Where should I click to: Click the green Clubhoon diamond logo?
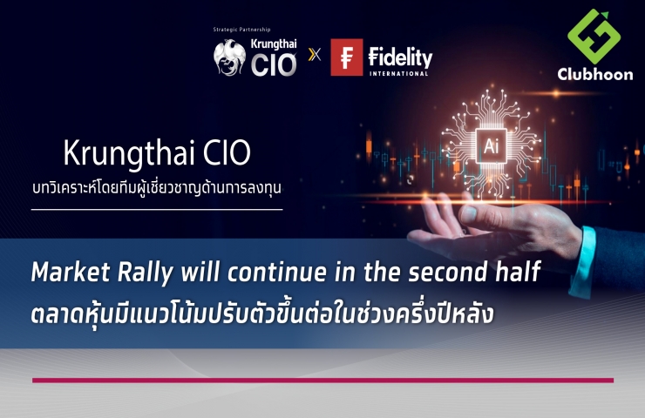tap(594, 37)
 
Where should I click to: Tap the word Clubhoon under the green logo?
tap(594, 74)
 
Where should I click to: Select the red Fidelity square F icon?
tap(346, 57)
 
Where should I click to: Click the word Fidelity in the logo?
tap(400, 57)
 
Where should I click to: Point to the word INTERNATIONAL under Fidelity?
tap(399, 73)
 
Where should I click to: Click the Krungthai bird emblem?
tap(230, 57)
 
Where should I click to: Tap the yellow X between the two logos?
tap(315, 54)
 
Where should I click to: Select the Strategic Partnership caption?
tap(242, 30)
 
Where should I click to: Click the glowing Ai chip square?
tap(491, 146)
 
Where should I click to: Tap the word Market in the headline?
tap(71, 272)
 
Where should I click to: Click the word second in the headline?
tap(447, 272)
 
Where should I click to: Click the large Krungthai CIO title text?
tap(157, 153)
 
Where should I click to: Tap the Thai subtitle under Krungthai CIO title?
tap(157, 188)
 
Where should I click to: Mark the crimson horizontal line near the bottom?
tap(322, 381)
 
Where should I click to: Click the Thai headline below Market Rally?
tap(262, 313)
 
